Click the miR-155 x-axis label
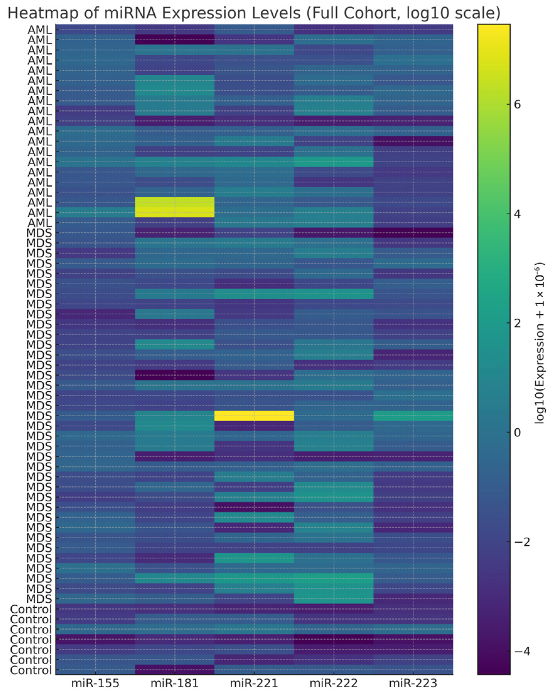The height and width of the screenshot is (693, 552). coord(95,683)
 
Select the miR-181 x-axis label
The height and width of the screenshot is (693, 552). coord(174,683)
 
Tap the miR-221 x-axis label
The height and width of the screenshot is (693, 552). coord(254,683)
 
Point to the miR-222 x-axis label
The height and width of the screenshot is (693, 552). coord(333,683)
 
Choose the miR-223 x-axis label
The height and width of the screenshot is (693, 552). coord(413,683)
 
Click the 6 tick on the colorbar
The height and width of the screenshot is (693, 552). coord(517,104)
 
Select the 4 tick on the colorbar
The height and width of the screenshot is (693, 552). coord(517,214)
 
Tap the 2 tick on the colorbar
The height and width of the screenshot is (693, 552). coord(517,323)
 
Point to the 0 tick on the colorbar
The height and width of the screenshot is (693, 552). coord(517,432)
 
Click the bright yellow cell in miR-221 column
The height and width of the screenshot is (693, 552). coord(254,416)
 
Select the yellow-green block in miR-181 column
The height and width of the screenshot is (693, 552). coord(174,207)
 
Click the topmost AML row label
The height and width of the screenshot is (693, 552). coord(40,30)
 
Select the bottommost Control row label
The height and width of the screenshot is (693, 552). coord(31,670)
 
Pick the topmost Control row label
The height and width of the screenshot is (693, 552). coord(31,609)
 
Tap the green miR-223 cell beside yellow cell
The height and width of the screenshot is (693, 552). coord(413,416)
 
